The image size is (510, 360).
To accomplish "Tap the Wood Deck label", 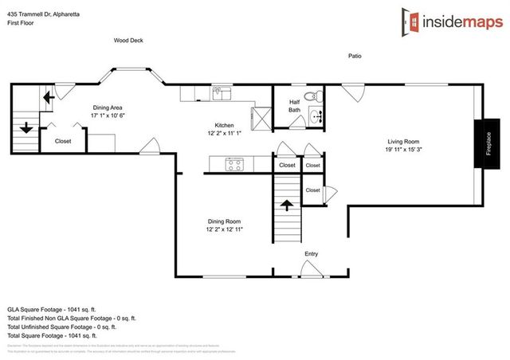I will coord(127,40).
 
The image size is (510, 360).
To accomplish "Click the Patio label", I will coord(356,57).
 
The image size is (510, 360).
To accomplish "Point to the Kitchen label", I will coord(224,124).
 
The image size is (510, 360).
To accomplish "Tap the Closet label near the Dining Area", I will coord(63,141).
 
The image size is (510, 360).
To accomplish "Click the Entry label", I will coord(312,254).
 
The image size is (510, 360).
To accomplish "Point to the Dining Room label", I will coord(223,221).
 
